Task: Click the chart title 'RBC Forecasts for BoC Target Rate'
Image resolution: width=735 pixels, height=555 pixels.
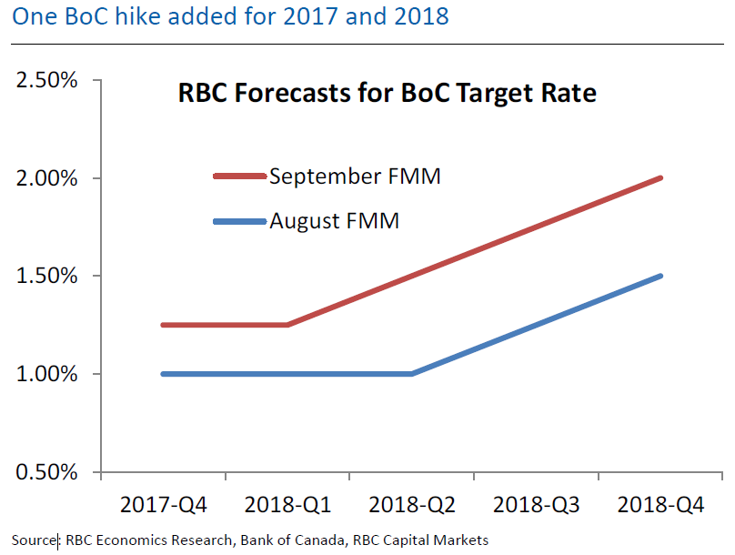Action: pos(386,93)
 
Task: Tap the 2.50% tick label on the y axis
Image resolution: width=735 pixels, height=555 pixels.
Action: pos(45,80)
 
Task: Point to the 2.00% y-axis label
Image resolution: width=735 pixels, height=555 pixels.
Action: pos(45,178)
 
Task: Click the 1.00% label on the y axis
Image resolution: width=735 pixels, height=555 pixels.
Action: pos(45,374)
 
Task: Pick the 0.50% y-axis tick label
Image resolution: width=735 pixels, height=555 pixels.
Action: pos(45,472)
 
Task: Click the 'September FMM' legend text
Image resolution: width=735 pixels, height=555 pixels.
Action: pos(355,176)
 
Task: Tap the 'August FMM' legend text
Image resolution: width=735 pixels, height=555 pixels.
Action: pos(334,219)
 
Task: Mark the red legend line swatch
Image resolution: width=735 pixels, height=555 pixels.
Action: pos(240,176)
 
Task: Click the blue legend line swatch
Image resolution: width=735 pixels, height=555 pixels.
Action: pos(240,220)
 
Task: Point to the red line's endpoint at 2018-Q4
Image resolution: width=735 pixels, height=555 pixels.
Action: pos(660,178)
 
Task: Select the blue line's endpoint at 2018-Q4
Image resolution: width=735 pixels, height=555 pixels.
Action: pos(660,276)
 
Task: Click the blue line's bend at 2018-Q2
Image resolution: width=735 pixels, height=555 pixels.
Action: pos(412,374)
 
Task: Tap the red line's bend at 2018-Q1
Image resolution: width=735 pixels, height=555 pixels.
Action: pos(287,325)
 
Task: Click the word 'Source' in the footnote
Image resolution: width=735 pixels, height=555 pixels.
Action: pos(33,540)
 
